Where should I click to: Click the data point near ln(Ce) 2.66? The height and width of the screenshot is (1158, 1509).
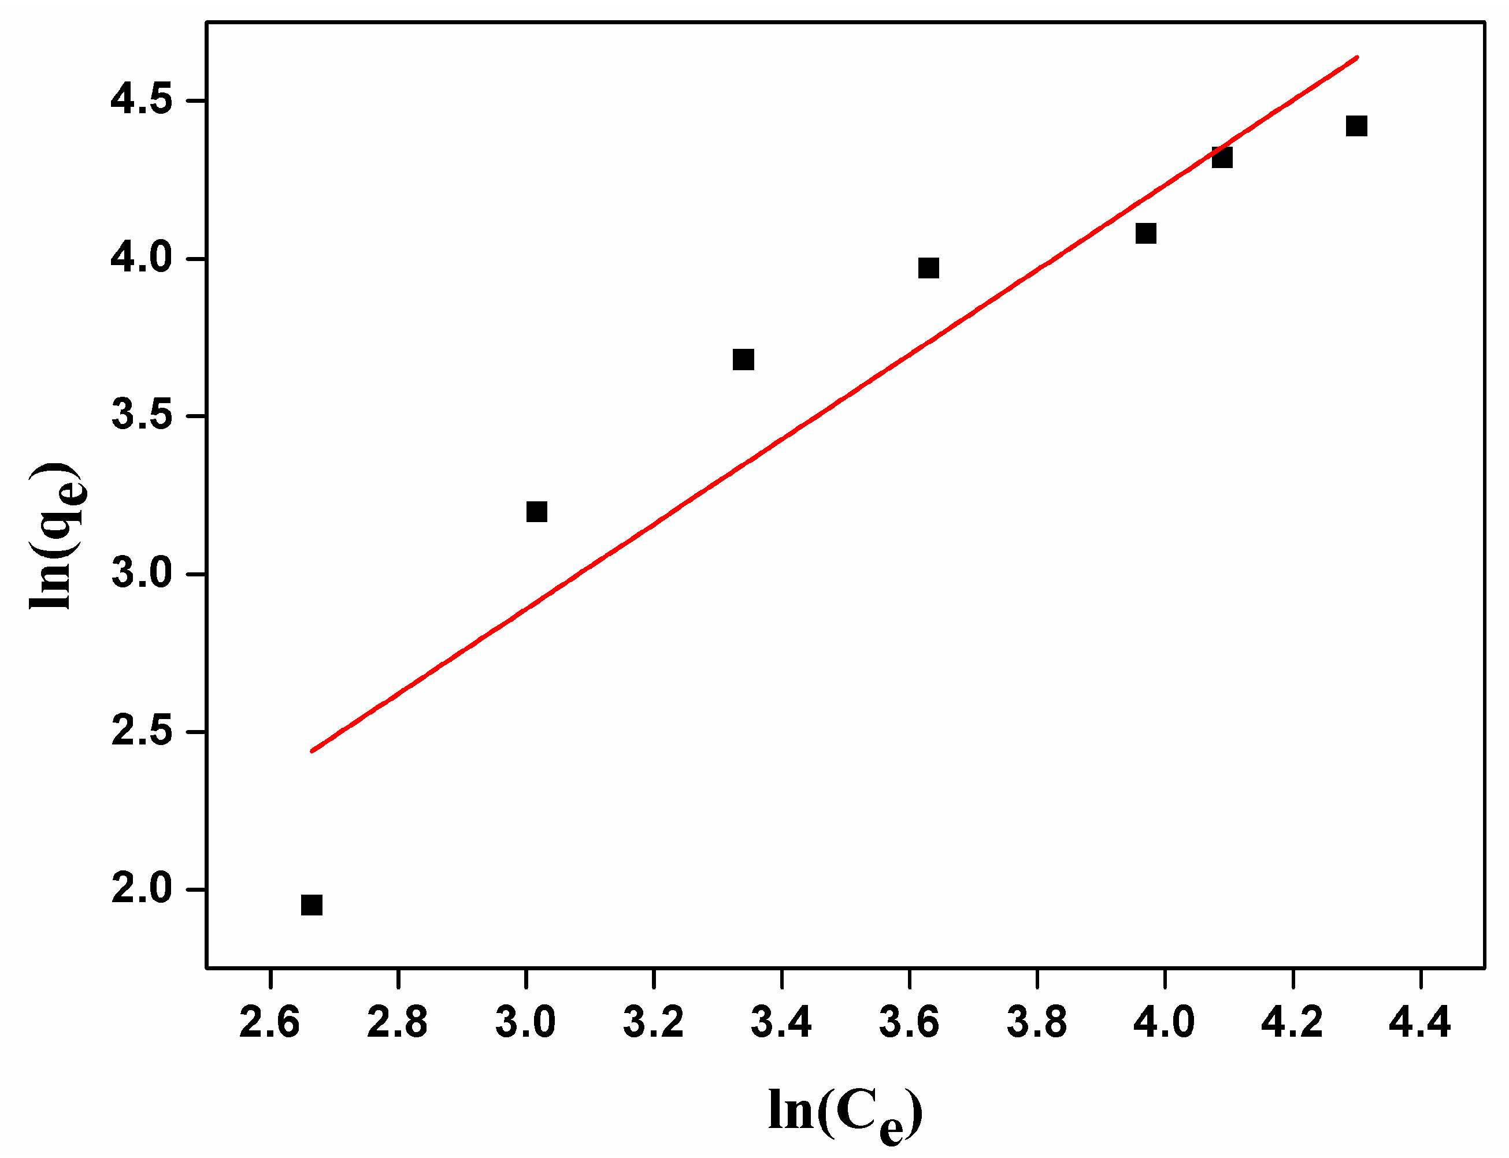point(312,905)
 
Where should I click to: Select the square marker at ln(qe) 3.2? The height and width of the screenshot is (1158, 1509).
point(536,512)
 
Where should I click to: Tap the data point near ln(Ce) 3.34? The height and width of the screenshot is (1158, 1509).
point(743,360)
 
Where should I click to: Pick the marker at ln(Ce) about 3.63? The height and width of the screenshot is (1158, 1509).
point(929,268)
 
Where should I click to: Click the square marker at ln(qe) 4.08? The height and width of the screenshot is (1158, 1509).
point(1146,234)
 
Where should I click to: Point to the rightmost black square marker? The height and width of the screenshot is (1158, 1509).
point(1356,126)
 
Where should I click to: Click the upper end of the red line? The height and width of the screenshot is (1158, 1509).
point(1356,58)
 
